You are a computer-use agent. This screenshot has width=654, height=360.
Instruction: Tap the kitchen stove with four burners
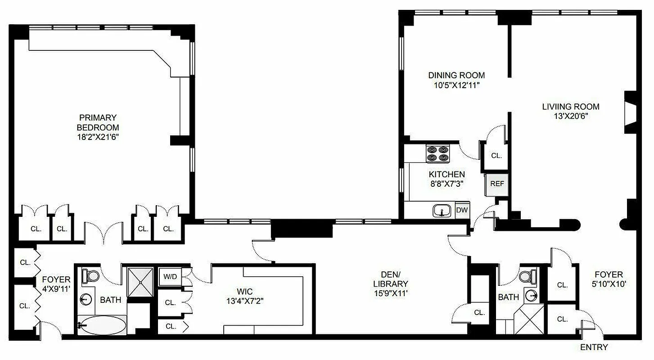point(438,153)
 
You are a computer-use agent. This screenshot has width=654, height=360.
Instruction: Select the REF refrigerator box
point(496,184)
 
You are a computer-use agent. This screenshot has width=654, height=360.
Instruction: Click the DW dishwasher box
point(462,210)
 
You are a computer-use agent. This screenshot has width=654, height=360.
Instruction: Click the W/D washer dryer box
point(170,277)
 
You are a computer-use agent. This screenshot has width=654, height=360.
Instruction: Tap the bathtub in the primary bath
point(102,325)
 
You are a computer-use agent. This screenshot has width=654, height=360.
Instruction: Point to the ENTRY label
point(594,347)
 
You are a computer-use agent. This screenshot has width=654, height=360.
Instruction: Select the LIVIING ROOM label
point(570,107)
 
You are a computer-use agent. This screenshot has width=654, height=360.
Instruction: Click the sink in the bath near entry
point(531,296)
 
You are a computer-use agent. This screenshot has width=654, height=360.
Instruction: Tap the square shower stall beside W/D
point(140,282)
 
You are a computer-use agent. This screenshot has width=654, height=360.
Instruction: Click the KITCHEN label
point(447,174)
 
